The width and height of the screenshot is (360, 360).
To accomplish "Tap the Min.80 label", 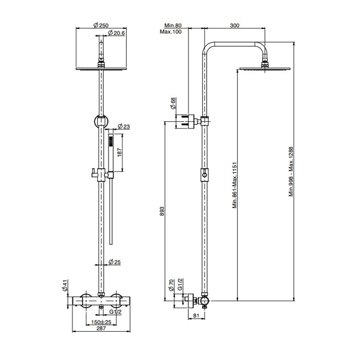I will (x=174, y=25).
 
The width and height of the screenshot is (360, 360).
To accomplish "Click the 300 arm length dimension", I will (x=235, y=25).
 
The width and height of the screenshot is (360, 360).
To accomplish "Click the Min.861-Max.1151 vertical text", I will (x=234, y=185).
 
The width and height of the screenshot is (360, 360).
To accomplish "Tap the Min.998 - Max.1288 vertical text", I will (x=291, y=171).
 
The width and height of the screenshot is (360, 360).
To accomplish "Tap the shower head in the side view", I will (x=264, y=67).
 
